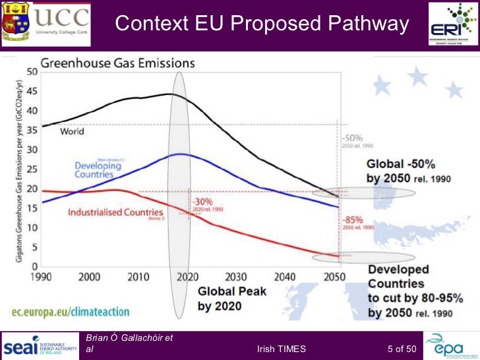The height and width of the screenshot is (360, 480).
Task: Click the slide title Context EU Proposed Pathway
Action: pos(262,24)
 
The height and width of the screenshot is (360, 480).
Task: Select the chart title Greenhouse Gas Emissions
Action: pos(119,63)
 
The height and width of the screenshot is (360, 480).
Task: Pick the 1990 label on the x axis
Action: pos(42,278)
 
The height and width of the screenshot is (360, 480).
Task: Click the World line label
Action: pos(72,131)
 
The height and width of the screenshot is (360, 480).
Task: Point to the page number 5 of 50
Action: pos(402,349)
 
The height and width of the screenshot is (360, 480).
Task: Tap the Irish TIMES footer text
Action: pos(282,349)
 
